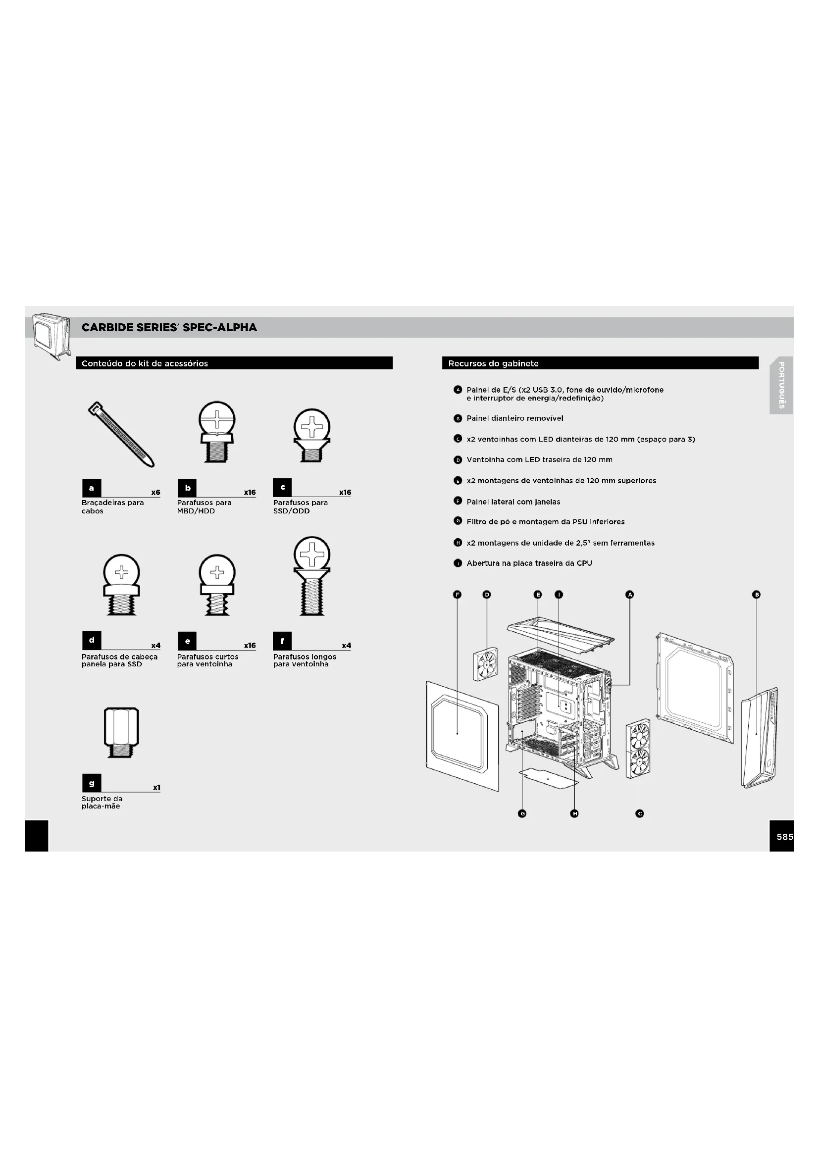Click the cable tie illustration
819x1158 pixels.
click(121, 434)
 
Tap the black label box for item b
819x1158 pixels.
click(188, 488)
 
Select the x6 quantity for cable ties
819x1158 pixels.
click(155, 492)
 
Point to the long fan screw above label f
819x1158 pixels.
click(312, 576)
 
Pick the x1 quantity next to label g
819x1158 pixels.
click(156, 788)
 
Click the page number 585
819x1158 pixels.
click(785, 837)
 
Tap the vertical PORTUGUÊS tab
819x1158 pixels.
click(781, 385)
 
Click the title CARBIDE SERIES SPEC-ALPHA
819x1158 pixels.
click(169, 327)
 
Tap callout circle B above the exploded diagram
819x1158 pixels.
click(756, 595)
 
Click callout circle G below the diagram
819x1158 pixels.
click(522, 813)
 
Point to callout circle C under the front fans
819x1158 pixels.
click(639, 813)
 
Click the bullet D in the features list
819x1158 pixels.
click(458, 460)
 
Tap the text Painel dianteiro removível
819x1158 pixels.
click(515, 418)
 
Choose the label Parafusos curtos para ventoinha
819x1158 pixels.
click(207, 661)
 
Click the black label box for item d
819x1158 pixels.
click(92, 641)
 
